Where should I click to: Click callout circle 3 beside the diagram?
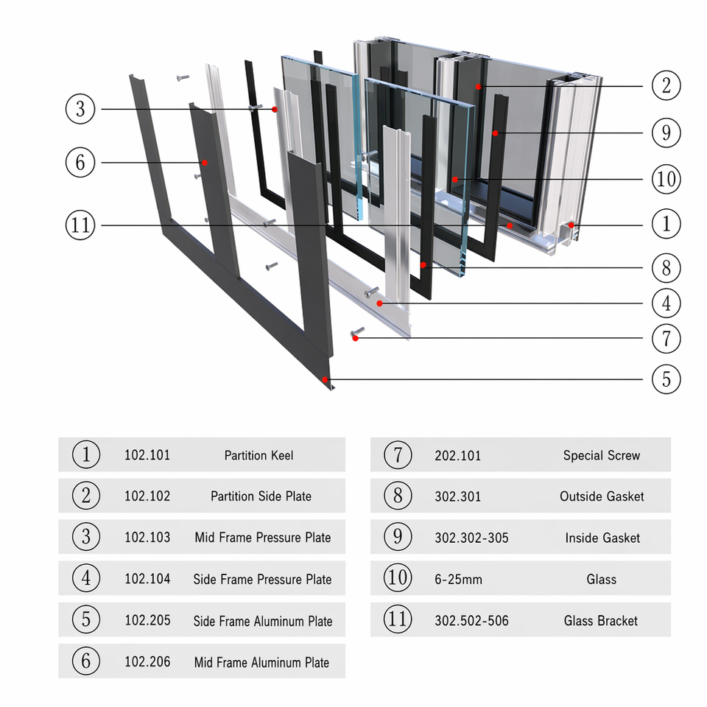click(80, 109)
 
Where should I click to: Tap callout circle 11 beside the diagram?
click(80, 225)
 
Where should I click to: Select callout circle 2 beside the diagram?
click(666, 85)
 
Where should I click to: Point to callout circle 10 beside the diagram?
click(666, 179)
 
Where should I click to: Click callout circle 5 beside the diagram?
click(666, 379)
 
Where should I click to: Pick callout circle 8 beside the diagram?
click(666, 268)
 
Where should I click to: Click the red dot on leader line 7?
click(355, 338)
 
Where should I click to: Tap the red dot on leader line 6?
click(204, 163)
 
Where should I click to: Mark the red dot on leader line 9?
click(495, 133)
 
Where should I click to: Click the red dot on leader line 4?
click(380, 303)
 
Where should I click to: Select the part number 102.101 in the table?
click(147, 455)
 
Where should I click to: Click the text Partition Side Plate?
click(261, 496)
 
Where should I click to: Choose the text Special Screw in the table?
click(602, 455)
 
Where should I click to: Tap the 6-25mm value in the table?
click(458, 580)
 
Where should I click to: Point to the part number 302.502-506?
click(471, 621)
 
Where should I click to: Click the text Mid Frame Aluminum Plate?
click(261, 662)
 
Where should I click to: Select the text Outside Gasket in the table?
click(602, 496)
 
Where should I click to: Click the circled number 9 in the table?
click(398, 537)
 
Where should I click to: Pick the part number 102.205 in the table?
click(147, 620)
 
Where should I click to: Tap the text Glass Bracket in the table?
click(601, 621)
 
